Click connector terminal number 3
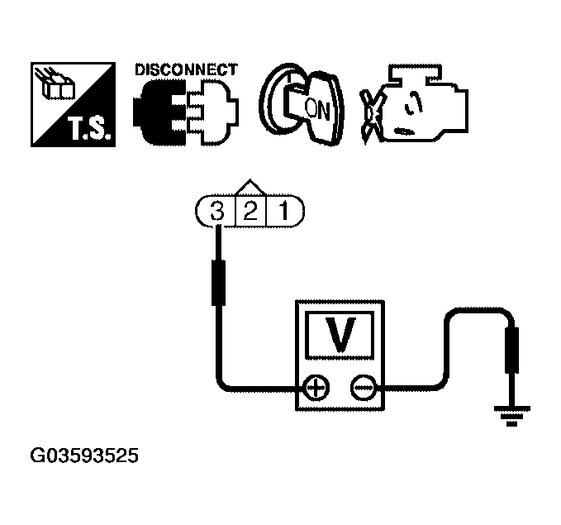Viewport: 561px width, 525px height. [217, 211]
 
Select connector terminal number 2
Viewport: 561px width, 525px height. [250, 211]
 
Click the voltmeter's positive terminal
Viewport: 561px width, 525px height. [316, 386]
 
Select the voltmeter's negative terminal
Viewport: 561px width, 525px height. [363, 386]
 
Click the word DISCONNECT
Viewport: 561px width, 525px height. [186, 69]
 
